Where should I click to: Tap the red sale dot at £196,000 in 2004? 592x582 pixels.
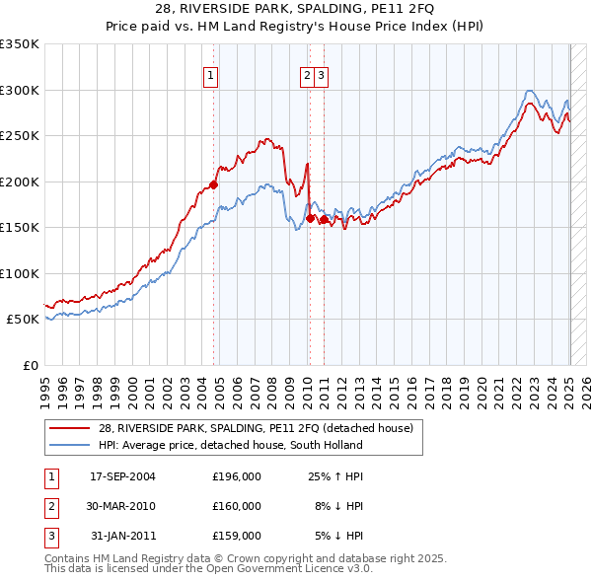click(x=214, y=184)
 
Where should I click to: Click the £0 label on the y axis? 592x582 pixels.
click(x=30, y=365)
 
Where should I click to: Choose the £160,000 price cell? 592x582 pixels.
click(x=237, y=506)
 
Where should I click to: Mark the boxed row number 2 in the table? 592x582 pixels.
click(x=49, y=506)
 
